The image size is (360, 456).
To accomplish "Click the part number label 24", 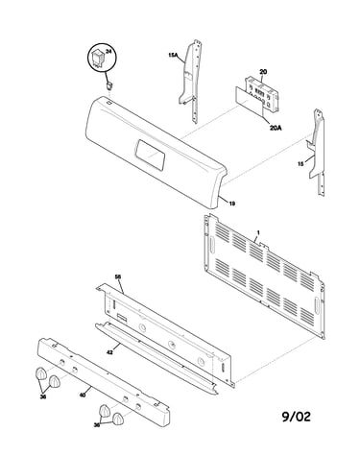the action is tap(108, 52).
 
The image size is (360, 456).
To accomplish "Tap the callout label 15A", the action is tap(173, 55).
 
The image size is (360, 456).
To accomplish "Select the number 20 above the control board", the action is tap(263, 72).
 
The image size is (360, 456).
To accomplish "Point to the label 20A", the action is tap(276, 128).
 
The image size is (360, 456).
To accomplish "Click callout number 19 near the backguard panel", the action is tap(232, 203).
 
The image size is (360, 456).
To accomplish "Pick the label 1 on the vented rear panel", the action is tap(258, 232).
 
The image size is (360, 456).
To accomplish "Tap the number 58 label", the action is tap(118, 276).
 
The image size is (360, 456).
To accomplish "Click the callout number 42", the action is tap(109, 351).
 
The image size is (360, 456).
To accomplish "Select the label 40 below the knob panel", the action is tap(83, 396).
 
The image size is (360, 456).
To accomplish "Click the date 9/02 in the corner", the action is tap(296, 417).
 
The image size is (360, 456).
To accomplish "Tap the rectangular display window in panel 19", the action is tap(150, 155).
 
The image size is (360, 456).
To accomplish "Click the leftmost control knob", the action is tap(40, 373).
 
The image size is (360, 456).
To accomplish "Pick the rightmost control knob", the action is tap(118, 419).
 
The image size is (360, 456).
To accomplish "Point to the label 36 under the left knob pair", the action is tap(43, 396).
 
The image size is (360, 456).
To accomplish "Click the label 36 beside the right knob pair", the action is tap(96, 425).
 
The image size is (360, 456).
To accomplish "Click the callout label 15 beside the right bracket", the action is tap(300, 164).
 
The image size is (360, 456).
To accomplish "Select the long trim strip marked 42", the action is tap(156, 358).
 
